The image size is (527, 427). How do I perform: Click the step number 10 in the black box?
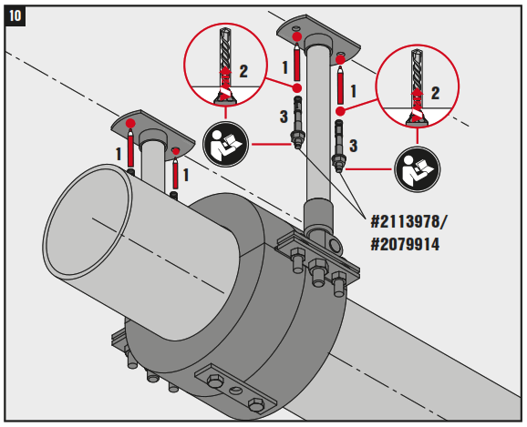coord(15,15)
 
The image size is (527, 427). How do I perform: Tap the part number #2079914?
coord(408,244)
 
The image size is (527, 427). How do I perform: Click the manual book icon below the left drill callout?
coord(224,142)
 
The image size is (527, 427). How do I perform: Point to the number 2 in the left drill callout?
coord(243,69)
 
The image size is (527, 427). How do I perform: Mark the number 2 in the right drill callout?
coord(435,92)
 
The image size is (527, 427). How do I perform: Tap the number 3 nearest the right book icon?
coord(353,145)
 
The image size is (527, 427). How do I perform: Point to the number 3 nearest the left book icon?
coord(282,117)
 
